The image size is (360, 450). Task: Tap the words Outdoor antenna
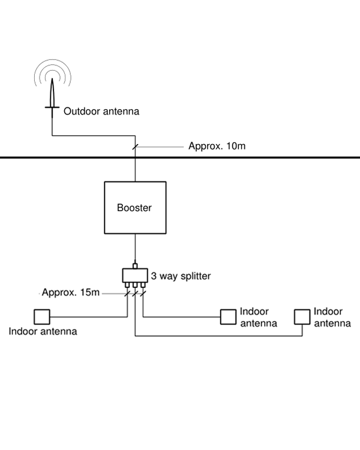(x=101, y=111)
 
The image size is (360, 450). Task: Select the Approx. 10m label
(x=217, y=146)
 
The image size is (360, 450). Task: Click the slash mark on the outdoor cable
(x=135, y=146)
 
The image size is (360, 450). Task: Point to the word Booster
(x=134, y=208)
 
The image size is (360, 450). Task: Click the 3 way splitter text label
(x=181, y=276)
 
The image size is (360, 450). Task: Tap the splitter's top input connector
(x=135, y=265)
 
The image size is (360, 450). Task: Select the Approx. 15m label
(x=70, y=293)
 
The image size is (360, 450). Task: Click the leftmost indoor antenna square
(x=41, y=316)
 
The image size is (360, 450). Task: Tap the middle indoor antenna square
(x=228, y=316)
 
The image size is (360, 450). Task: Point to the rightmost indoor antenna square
(x=302, y=316)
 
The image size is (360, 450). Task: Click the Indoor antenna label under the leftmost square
(x=43, y=331)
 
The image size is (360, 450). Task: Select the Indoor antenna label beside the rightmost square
(x=332, y=317)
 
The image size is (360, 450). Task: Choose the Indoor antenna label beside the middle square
(x=258, y=317)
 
